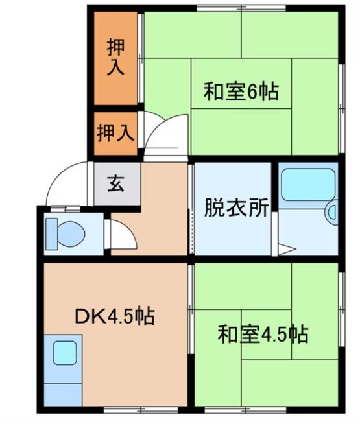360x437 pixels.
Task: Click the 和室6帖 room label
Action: (241, 93)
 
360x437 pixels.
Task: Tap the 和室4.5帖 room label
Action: (262, 335)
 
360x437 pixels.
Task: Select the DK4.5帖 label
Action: (114, 317)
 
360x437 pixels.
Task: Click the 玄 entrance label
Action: (116, 184)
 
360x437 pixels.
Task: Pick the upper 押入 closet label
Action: (115, 56)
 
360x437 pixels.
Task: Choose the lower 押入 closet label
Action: (115, 134)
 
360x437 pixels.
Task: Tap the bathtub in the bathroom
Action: (307, 185)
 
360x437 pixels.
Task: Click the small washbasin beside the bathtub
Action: (332, 212)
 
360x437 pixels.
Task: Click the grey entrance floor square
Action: (116, 184)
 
